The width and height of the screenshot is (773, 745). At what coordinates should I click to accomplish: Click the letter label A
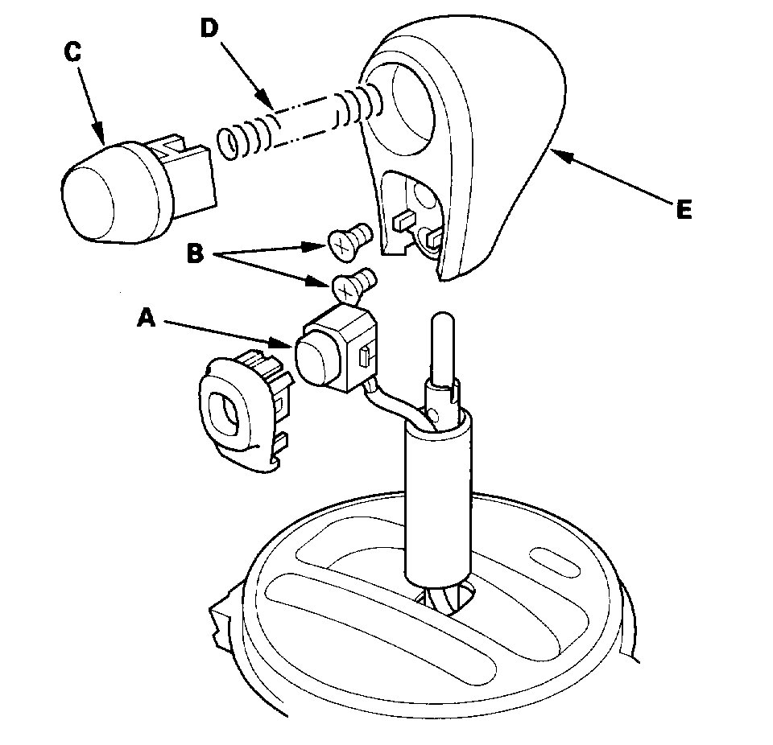pos(145,319)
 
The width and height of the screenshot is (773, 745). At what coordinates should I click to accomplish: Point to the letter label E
pos(683,210)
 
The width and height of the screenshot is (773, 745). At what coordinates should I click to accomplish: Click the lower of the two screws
pos(353,284)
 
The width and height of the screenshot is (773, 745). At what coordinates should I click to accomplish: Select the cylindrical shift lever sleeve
pos(436,499)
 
